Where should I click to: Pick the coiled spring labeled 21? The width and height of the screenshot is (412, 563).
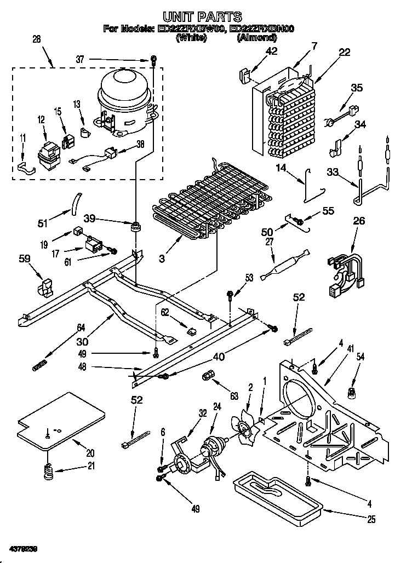49,470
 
